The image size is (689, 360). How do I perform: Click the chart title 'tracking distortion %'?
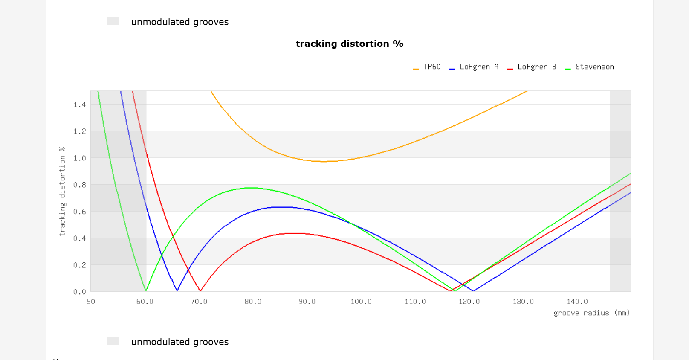pyautogui.click(x=349, y=44)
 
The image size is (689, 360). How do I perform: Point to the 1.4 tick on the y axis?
pyautogui.click(x=79, y=105)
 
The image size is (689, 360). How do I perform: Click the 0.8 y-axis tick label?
pyautogui.click(x=79, y=185)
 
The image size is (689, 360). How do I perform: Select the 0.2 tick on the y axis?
pyautogui.click(x=79, y=265)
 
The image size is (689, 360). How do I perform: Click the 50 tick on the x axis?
pyautogui.click(x=91, y=302)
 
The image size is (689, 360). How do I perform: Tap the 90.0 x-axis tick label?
pyautogui.click(x=307, y=302)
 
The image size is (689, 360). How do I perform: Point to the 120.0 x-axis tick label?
pyautogui.click(x=469, y=302)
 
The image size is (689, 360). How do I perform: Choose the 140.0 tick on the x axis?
pyautogui.click(x=577, y=302)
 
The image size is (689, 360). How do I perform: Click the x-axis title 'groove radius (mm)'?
pyautogui.click(x=591, y=313)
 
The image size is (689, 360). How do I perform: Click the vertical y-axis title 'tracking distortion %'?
pyautogui.click(x=62, y=192)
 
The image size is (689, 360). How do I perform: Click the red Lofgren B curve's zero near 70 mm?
pyautogui.click(x=200, y=291)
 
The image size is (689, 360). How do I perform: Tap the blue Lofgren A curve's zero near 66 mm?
pyautogui.click(x=177, y=291)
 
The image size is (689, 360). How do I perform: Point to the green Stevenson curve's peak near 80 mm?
pyautogui.click(x=251, y=188)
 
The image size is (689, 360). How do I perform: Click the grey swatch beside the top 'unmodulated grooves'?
pyautogui.click(x=113, y=21)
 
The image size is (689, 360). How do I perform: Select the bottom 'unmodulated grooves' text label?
pyautogui.click(x=179, y=342)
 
